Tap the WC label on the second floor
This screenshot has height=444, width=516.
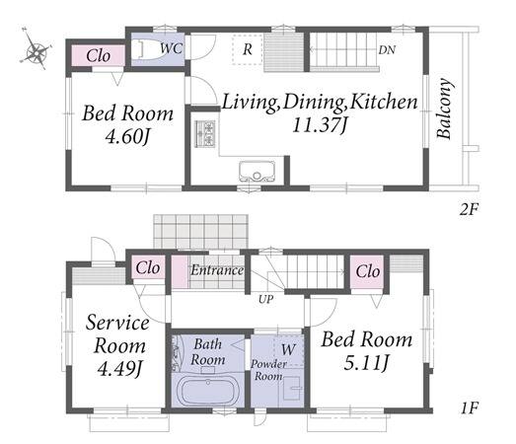click(x=171, y=48)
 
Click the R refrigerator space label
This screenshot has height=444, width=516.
click(x=248, y=49)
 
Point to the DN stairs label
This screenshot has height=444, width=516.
click(x=387, y=50)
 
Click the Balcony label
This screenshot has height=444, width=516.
click(x=444, y=109)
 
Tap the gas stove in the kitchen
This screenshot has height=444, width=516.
click(x=205, y=133)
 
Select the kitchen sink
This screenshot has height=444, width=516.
click(x=257, y=171)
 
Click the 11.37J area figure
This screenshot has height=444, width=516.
click(x=321, y=125)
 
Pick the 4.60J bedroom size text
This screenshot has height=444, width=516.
click(x=127, y=136)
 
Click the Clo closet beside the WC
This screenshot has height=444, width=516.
click(x=98, y=55)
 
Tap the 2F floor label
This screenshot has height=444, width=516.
click(x=469, y=209)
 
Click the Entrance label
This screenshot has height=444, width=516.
click(x=217, y=270)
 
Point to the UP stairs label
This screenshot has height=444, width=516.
click(x=266, y=299)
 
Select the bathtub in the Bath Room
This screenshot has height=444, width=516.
click(x=208, y=392)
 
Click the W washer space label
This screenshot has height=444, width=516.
click(x=288, y=349)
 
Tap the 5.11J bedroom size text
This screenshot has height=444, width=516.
click(x=367, y=363)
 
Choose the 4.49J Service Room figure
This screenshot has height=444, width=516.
click(x=120, y=369)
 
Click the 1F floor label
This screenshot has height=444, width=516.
click(x=469, y=408)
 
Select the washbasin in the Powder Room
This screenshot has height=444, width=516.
click(x=292, y=388)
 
